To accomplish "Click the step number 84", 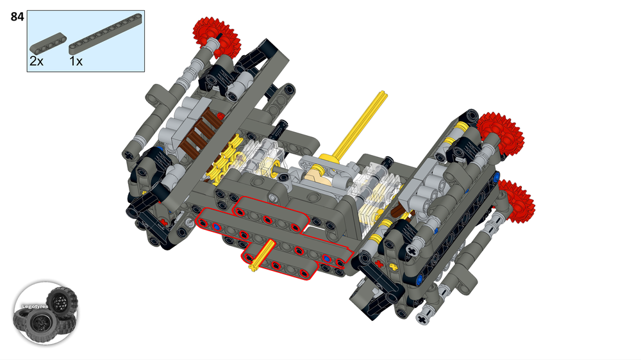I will [17, 17].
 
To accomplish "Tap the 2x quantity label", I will [37, 62].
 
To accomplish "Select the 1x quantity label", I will [76, 62].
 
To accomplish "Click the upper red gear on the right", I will [500, 135].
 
